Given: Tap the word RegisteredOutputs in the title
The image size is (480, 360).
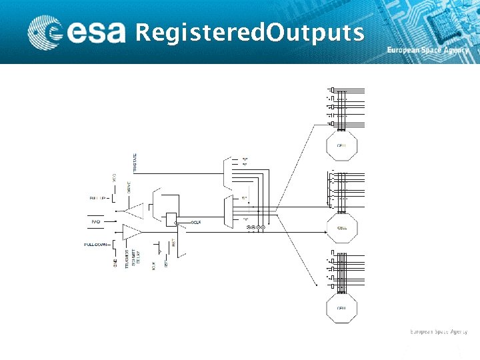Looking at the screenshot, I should click(x=249, y=32).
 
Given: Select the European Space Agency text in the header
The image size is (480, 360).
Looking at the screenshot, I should click(x=428, y=51).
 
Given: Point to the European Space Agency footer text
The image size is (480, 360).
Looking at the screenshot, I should click(x=438, y=331).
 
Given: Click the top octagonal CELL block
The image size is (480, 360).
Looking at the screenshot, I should click(x=341, y=145).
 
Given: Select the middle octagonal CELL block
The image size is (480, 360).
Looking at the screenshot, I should click(x=341, y=227).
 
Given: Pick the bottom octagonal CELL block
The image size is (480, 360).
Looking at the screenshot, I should click(x=341, y=309).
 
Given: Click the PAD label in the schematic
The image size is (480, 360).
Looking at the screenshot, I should click(x=96, y=221).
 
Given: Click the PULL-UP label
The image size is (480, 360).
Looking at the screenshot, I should click(x=98, y=198).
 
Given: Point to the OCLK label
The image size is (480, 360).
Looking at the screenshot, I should click(x=197, y=221).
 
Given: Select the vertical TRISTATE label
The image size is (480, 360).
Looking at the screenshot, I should click(x=136, y=163).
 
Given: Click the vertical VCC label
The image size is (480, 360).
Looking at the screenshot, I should click(x=114, y=178).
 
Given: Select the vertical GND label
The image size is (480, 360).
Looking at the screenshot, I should click(x=115, y=265).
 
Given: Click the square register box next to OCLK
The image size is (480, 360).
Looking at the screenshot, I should click(x=171, y=219).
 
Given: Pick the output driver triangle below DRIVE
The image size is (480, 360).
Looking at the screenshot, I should click(x=135, y=211).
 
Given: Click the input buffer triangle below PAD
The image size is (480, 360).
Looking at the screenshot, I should click(x=131, y=232).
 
